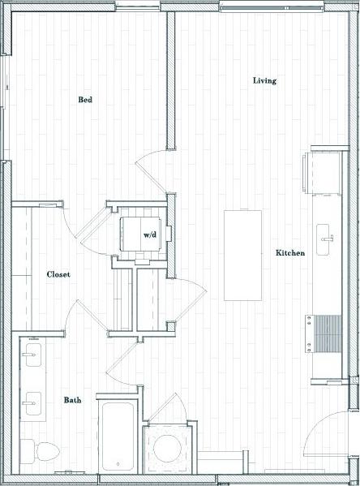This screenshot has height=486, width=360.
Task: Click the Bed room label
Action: point(85,100)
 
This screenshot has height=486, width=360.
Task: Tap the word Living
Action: point(264,80)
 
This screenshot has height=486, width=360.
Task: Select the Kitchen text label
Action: point(290,253)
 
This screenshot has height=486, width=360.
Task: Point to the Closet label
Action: point(58,274)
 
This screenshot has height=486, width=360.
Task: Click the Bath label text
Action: point(72,400)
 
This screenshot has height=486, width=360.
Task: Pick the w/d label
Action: point(150,234)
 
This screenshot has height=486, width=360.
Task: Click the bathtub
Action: point(118,434)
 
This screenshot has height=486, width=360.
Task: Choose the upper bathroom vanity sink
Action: point(32,355)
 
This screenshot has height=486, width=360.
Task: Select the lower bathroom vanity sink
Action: point(32,401)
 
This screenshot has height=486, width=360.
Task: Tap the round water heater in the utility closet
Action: point(169,450)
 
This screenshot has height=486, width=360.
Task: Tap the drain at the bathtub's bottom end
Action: point(118,464)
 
